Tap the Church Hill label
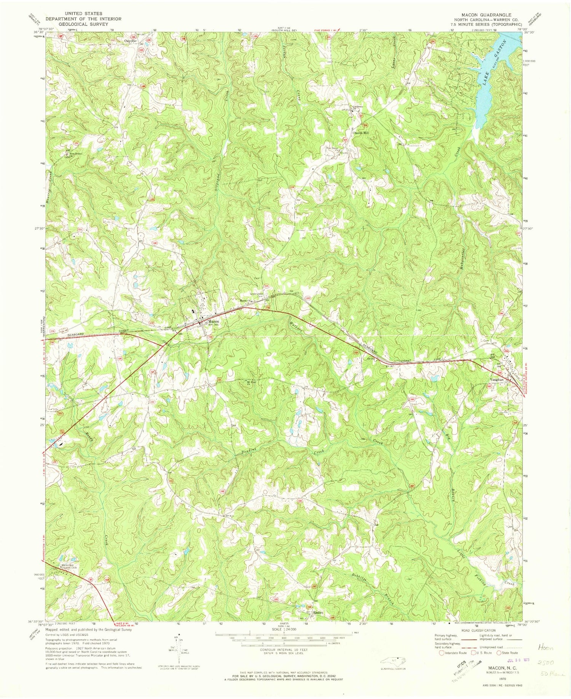pos(361,133)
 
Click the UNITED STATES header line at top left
pos(83,13)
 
